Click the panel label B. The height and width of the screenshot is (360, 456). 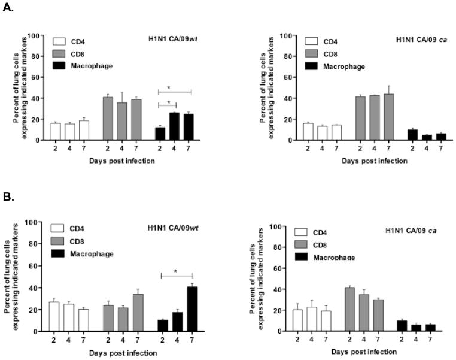[x=8, y=196]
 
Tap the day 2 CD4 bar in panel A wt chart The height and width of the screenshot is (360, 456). [x=56, y=132]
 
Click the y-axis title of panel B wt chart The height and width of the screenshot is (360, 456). [x=14, y=277]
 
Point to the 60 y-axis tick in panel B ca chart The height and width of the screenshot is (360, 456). [x=280, y=268]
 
